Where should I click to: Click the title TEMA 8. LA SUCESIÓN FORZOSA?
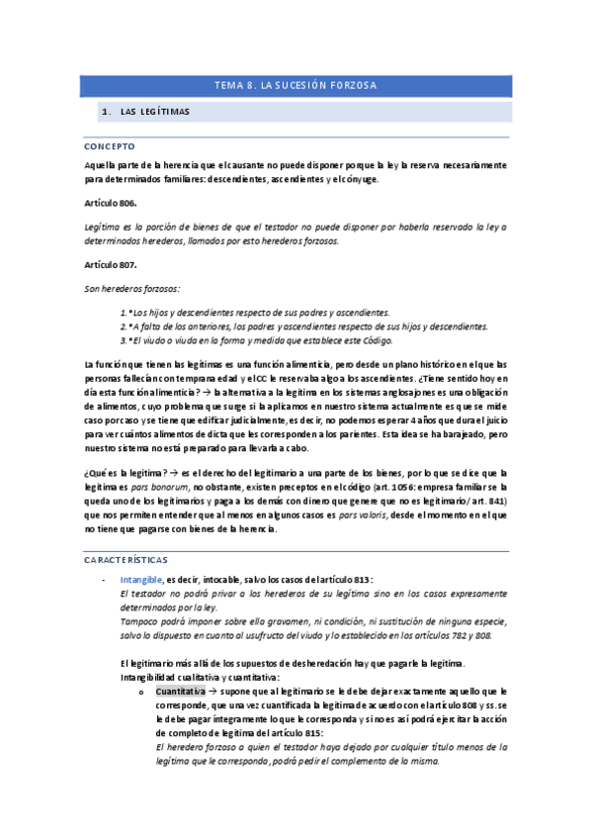tap(296, 86)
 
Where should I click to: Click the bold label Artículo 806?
tap(111, 202)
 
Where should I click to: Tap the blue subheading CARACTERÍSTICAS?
tap(127, 559)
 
